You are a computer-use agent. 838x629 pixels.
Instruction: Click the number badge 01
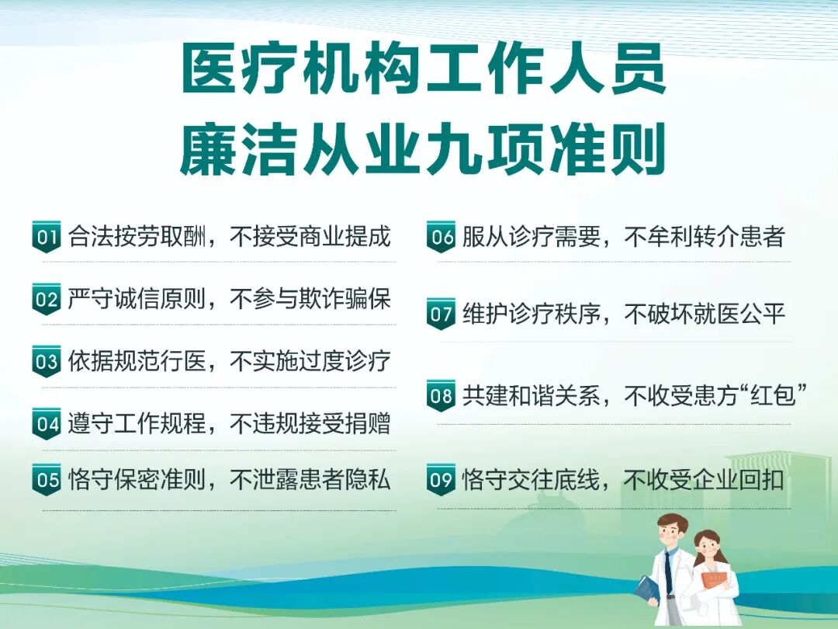[46, 237]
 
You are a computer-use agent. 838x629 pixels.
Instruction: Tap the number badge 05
[46, 480]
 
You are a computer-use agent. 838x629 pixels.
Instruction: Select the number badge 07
[441, 314]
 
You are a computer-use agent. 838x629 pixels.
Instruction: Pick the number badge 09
[441, 480]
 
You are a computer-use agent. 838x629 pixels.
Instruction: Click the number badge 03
[46, 361]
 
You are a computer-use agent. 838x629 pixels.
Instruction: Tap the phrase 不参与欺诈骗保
[310, 299]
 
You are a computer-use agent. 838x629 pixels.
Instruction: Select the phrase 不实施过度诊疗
[310, 361]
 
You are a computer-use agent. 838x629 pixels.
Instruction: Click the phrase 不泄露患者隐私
[310, 480]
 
